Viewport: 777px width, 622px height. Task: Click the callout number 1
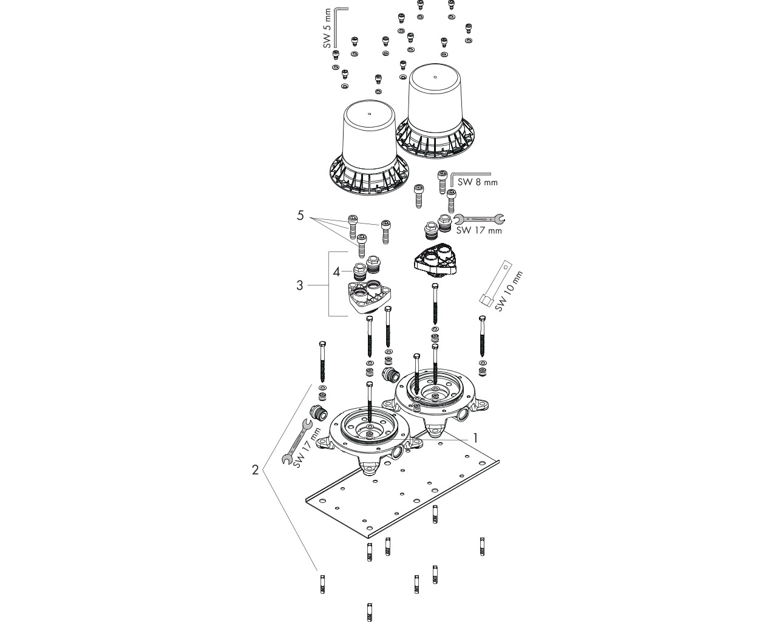(x=475, y=438)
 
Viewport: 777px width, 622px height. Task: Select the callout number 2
(x=256, y=470)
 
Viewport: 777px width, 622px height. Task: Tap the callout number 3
(x=300, y=285)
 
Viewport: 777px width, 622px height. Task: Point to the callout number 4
(x=336, y=272)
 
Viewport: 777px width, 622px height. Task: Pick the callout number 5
(x=300, y=216)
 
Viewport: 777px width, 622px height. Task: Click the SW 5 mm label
(x=327, y=29)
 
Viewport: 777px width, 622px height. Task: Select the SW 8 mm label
(x=477, y=182)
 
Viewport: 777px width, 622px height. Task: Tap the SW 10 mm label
(x=509, y=291)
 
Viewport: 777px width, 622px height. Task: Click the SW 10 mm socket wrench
(x=495, y=284)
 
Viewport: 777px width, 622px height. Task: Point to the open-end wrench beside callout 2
(x=297, y=441)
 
